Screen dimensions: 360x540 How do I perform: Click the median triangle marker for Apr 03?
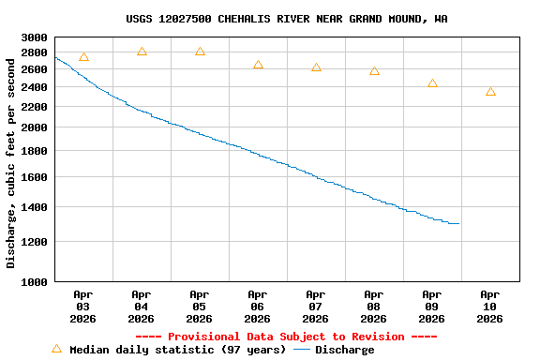(x=83, y=58)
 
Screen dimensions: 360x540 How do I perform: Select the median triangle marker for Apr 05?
(x=200, y=52)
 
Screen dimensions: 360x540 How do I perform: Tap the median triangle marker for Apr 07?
(x=316, y=67)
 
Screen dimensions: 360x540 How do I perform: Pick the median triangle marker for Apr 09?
(x=432, y=83)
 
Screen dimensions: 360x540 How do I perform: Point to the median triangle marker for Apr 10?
(x=490, y=92)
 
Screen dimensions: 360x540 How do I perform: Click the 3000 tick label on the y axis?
(x=34, y=37)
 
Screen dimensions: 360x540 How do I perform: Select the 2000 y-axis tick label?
(x=34, y=127)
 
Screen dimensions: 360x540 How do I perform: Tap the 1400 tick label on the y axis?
(x=34, y=207)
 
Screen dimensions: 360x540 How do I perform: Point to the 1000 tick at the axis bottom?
(x=34, y=281)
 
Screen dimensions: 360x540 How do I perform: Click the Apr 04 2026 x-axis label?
(x=141, y=306)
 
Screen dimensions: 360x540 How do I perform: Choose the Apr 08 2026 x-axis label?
(x=373, y=306)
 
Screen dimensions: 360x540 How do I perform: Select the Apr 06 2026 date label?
(x=257, y=306)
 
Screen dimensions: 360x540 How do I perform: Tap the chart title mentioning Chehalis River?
(x=286, y=19)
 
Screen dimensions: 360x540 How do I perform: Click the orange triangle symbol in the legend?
(x=56, y=349)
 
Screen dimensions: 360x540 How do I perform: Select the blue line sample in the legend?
(x=302, y=350)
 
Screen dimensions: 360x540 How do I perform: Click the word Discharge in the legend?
(x=344, y=350)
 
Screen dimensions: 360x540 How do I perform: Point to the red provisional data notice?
(x=286, y=337)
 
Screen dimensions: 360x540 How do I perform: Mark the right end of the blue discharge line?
(x=458, y=223)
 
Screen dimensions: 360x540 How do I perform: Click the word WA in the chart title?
(x=440, y=19)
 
